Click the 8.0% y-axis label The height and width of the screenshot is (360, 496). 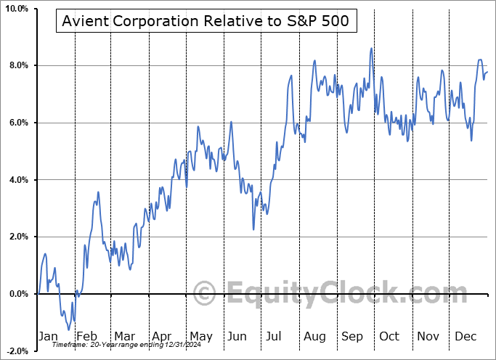pyautogui.click(x=17, y=65)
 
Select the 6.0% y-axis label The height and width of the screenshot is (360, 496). pyautogui.click(x=17, y=123)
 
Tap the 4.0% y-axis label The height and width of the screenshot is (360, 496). pyautogui.click(x=17, y=180)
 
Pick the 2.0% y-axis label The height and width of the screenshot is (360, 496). pyautogui.click(x=17, y=237)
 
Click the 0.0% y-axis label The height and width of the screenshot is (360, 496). pyautogui.click(x=17, y=294)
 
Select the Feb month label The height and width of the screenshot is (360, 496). pyautogui.click(x=86, y=336)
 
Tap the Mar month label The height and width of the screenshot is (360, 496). pyautogui.click(x=124, y=336)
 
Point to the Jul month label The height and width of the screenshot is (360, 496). pyautogui.click(x=275, y=336)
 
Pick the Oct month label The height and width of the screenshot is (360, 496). pyautogui.click(x=389, y=336)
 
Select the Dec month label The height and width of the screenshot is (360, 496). pyautogui.click(x=465, y=336)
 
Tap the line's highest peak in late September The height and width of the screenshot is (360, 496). pyautogui.click(x=370, y=49)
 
